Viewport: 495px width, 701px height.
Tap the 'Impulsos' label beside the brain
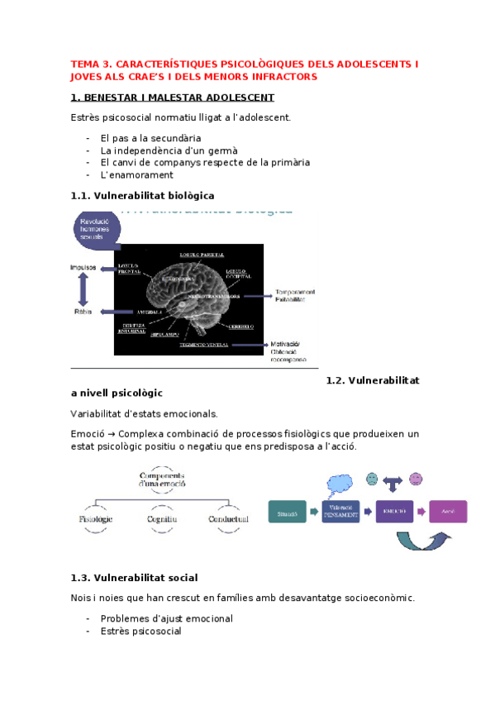click(83, 267)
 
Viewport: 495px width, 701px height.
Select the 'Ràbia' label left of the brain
click(83, 312)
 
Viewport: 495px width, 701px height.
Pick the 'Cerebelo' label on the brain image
click(240, 327)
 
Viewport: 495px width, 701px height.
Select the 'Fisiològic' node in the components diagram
click(96, 519)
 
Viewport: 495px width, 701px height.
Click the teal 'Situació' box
click(287, 513)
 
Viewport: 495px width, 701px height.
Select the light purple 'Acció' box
click(447, 512)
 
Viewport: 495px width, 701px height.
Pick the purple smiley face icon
click(416, 479)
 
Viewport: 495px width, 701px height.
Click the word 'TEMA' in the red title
click(83, 63)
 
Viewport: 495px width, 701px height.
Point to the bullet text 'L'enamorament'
click(136, 174)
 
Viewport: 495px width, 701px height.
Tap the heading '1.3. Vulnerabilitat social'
click(134, 577)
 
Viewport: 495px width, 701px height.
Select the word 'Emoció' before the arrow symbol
click(88, 434)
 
